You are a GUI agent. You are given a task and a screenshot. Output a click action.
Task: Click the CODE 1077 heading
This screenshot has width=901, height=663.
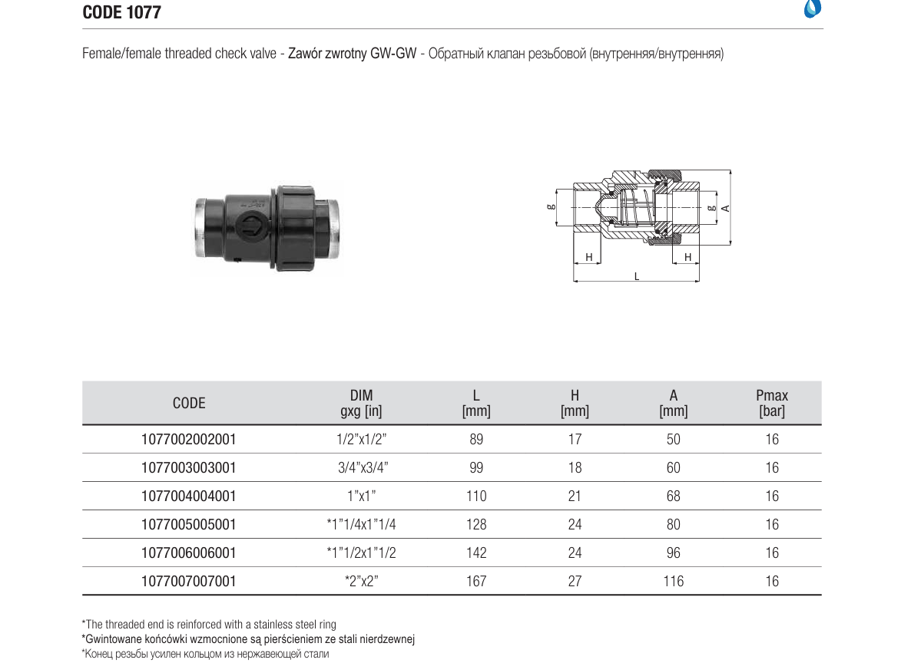coord(122,12)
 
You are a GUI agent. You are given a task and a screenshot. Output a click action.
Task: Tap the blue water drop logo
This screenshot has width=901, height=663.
coord(813,8)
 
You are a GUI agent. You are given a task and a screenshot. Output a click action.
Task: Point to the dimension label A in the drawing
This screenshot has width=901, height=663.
coord(725,208)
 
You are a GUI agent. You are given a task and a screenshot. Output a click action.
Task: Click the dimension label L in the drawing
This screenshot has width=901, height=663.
coord(637,277)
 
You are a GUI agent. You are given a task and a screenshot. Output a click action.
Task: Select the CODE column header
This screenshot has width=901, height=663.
coord(189,403)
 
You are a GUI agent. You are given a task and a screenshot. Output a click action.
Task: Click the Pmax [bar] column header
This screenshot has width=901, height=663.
coord(772,403)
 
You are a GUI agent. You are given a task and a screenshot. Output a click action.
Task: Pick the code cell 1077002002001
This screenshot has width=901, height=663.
coord(188,439)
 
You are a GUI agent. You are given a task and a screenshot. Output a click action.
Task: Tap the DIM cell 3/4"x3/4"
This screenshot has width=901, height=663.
coord(363,467)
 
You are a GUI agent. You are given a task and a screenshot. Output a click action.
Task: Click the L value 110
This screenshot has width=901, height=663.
coord(476,496)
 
